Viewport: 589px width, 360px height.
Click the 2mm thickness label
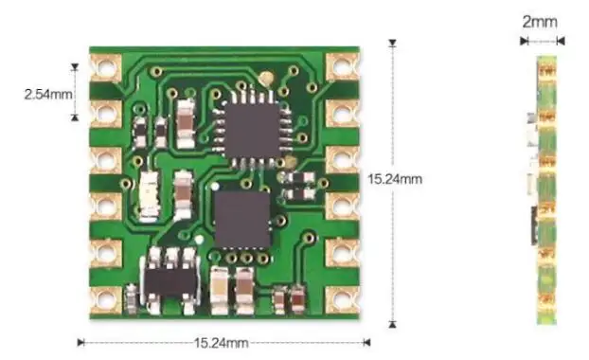point(540,22)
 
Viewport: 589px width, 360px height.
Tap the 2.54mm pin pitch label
point(48,94)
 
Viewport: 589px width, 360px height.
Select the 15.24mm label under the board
point(222,343)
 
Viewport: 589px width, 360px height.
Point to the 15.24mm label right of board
point(395,179)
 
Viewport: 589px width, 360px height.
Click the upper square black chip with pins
point(253,130)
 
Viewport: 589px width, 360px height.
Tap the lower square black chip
point(242,220)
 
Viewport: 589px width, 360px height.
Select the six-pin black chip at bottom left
point(170,280)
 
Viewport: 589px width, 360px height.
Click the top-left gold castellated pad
point(106,67)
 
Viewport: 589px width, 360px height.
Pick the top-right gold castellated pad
point(343,67)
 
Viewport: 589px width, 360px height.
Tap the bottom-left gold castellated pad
point(106,300)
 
